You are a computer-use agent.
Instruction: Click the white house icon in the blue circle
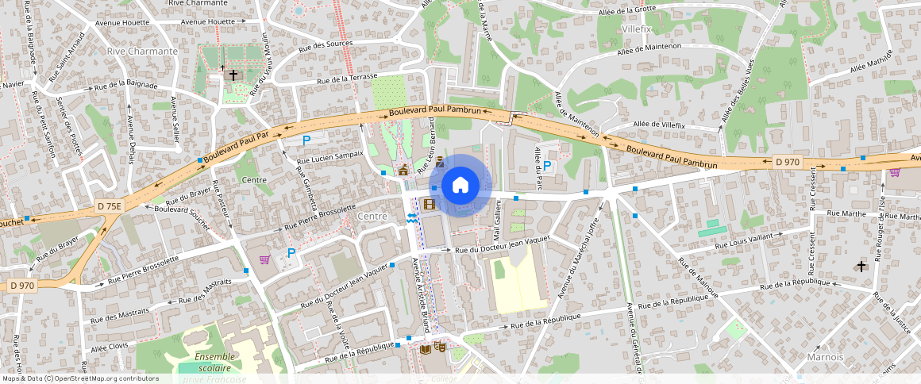[x=460, y=186]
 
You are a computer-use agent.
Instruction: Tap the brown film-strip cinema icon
[x=430, y=205]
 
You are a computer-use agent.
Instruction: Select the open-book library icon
[x=426, y=348]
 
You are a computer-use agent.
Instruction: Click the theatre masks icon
[x=440, y=347]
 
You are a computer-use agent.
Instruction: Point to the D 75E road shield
[x=110, y=206]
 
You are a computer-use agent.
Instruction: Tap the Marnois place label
[x=825, y=357]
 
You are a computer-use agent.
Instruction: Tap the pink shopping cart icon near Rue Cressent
[x=896, y=171]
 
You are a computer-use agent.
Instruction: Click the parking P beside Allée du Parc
[x=547, y=165]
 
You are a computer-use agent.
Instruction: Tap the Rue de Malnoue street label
[x=699, y=279]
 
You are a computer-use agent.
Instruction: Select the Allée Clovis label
[x=110, y=347]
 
